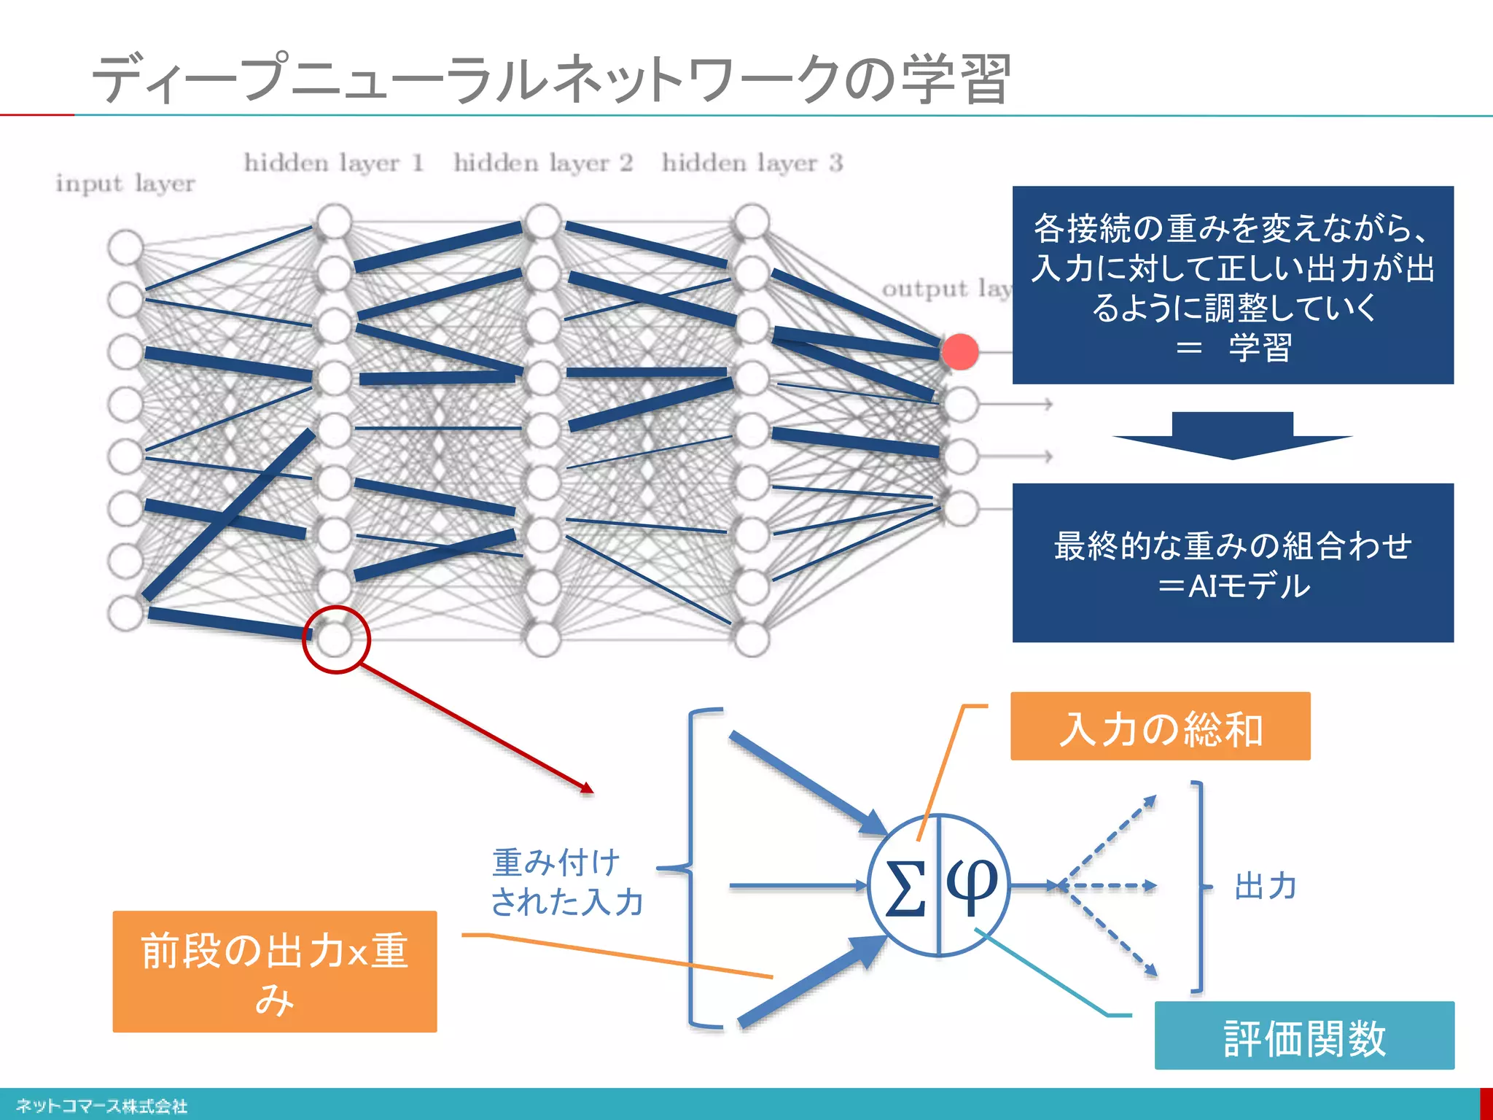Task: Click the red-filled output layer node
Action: coord(960,351)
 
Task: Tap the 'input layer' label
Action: coord(125,183)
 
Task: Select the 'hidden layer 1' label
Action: coord(334,162)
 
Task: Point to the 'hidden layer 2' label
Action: coord(543,162)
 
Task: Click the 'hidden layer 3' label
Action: coord(752,162)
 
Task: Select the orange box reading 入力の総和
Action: coord(1160,727)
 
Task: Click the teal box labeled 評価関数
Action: coord(1304,1036)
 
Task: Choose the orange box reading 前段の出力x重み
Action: coord(274,971)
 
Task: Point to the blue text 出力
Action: coord(1266,887)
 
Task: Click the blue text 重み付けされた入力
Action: coord(567,882)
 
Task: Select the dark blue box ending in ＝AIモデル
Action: coord(1233,563)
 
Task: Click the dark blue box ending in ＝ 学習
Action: coord(1233,285)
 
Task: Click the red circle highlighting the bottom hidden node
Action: coord(336,639)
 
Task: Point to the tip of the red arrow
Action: coord(592,791)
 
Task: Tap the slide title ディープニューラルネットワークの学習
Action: coord(551,79)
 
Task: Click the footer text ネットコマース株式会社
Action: coord(102,1106)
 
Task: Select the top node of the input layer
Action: coord(125,246)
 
